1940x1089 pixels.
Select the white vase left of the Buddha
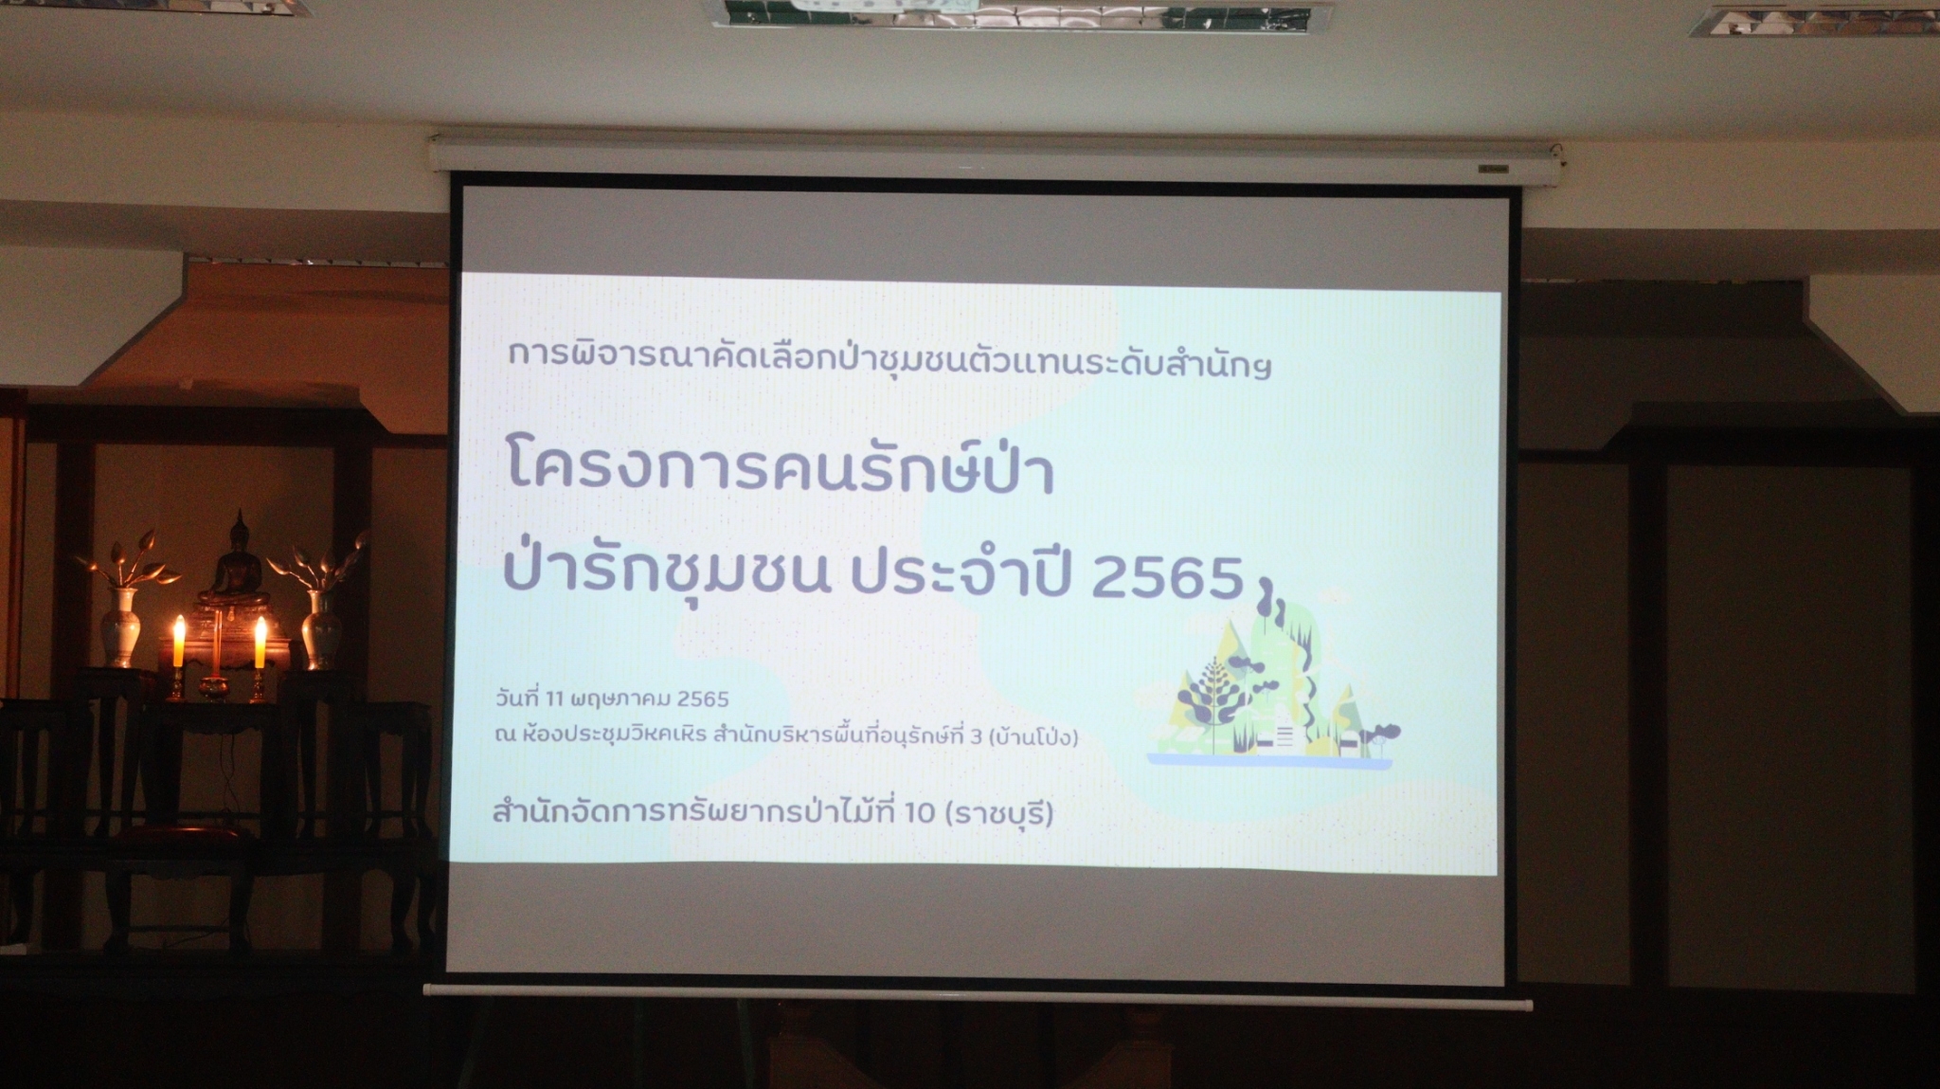[122, 626]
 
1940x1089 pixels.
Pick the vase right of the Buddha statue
[322, 629]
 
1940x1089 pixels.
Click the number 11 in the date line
[555, 699]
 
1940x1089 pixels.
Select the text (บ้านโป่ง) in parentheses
[1033, 735]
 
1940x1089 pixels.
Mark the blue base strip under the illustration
[1270, 760]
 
